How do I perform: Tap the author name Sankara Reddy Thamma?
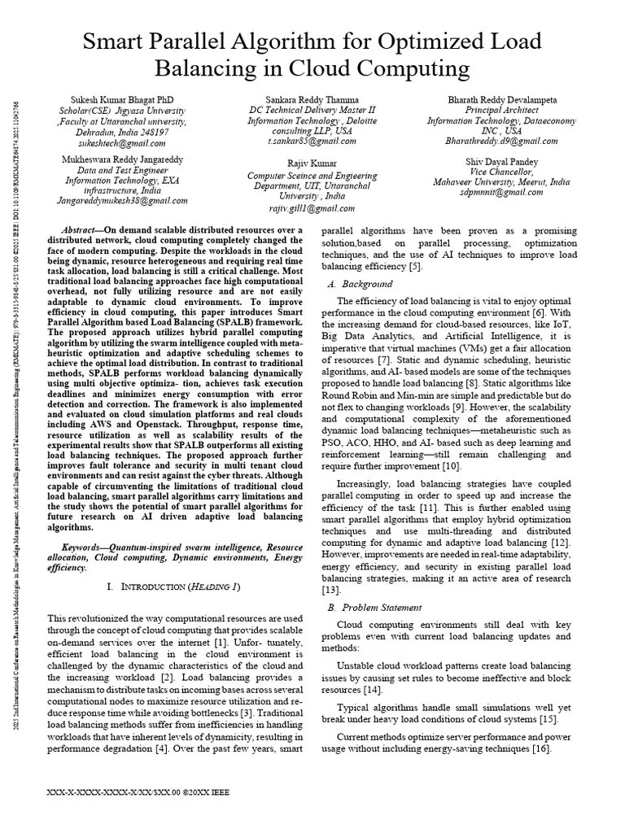pos(312,99)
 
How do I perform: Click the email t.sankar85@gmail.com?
pos(312,142)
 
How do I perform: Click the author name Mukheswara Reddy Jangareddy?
pos(123,159)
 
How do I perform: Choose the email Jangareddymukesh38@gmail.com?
pos(123,201)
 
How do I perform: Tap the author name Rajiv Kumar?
pos(312,164)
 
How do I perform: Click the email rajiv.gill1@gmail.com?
pos(312,206)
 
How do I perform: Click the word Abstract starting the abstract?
pos(82,230)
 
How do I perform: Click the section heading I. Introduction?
pos(173,587)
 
